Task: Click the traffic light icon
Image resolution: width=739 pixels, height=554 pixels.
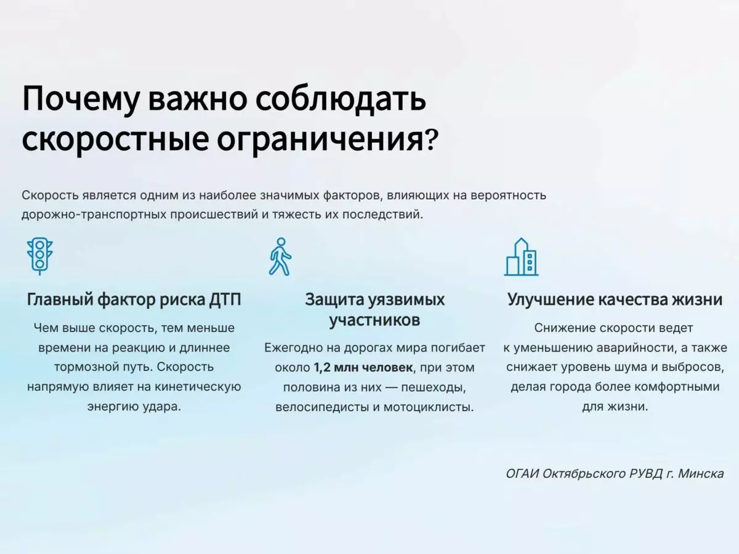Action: (40, 255)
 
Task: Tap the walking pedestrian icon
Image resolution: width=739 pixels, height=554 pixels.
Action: (280, 256)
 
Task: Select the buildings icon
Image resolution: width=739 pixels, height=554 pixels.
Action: (521, 257)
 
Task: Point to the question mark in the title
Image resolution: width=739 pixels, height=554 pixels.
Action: (432, 142)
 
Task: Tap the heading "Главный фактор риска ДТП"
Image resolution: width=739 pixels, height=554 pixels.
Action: (134, 300)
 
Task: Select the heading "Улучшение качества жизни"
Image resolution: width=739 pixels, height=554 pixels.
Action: (615, 300)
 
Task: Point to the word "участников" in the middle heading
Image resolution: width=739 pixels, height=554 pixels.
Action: (374, 320)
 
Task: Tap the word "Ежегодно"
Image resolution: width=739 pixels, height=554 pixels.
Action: (295, 348)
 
